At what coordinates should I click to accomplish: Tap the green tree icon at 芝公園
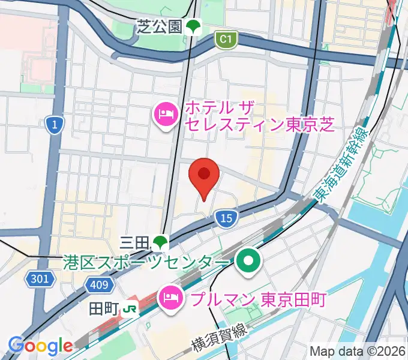click(193, 26)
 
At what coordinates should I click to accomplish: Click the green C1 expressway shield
click(226, 40)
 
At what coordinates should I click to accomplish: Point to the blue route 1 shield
click(54, 125)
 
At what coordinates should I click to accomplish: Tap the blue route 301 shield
click(41, 278)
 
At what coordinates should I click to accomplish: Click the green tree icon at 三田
click(160, 242)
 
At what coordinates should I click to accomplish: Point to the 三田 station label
click(134, 242)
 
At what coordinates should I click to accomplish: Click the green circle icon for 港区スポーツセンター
click(247, 262)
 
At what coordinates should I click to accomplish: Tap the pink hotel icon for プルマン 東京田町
click(169, 298)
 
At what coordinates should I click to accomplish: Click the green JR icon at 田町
click(130, 309)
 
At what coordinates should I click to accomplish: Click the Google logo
click(40, 346)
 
